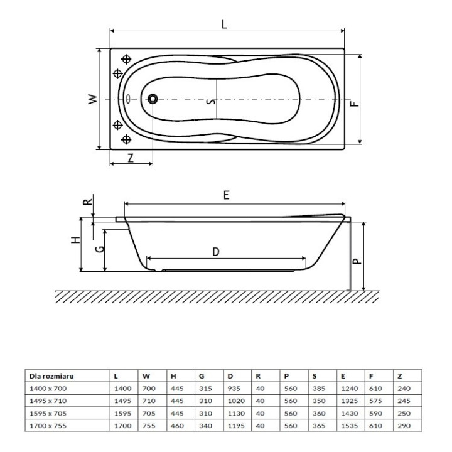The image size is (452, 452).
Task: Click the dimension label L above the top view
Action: point(224,24)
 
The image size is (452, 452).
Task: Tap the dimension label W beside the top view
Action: point(92,99)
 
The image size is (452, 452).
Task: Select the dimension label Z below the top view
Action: point(130,158)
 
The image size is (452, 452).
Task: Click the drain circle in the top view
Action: point(153,99)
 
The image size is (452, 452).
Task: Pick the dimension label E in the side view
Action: point(227,195)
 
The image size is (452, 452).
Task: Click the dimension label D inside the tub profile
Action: point(215,251)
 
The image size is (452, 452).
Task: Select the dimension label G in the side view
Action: point(99,249)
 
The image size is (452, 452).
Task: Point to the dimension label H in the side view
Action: point(75,241)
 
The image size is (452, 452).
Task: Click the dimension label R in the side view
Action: point(87,202)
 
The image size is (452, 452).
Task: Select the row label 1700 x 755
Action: point(47,424)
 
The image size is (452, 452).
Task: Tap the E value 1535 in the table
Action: point(348,424)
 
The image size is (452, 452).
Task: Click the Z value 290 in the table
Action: point(404,424)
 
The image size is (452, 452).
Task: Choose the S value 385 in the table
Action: point(318,389)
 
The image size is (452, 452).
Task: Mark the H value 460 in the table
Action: point(178,424)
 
